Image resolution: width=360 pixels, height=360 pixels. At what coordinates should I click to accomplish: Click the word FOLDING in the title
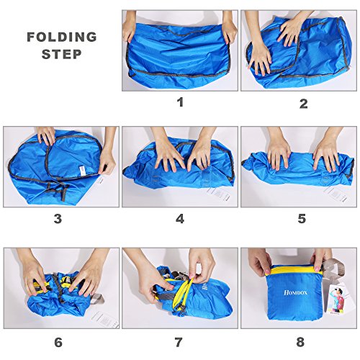(62, 37)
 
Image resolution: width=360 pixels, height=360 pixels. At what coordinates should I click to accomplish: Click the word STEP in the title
(62, 54)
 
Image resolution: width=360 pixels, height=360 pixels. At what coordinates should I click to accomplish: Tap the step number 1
(180, 102)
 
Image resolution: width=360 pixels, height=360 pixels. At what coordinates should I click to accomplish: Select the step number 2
(304, 104)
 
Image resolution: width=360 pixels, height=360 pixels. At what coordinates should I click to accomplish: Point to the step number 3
(58, 219)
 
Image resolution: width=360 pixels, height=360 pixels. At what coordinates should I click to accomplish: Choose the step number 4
(180, 219)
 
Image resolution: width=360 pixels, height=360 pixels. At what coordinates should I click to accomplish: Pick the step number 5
(302, 218)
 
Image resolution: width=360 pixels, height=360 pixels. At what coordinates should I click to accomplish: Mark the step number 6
(58, 342)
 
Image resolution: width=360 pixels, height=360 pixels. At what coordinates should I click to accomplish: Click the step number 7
(179, 342)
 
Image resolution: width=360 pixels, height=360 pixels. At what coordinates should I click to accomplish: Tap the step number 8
(300, 342)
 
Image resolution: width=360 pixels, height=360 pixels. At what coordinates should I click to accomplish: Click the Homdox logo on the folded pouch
(295, 292)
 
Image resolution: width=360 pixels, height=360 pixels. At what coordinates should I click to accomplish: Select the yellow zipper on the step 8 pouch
(296, 271)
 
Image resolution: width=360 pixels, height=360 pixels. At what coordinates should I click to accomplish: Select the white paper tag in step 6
(105, 319)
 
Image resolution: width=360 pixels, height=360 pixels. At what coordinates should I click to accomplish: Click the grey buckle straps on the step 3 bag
(58, 192)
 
